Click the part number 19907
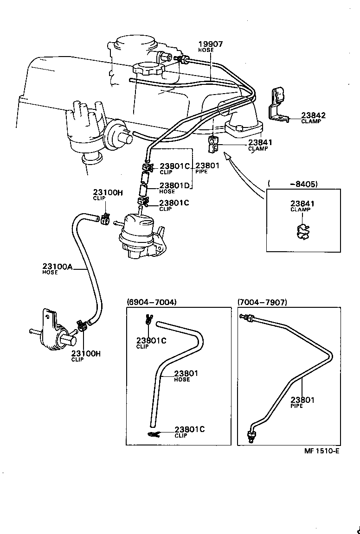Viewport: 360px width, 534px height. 211,44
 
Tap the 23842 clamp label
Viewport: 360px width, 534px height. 313,116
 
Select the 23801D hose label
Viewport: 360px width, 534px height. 174,185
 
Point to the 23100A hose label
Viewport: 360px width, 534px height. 57,267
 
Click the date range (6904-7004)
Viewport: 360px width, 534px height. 151,302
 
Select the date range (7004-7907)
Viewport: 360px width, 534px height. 262,302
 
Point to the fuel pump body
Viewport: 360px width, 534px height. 137,236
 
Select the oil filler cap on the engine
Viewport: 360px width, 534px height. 148,70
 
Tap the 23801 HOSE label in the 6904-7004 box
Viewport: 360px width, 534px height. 186,374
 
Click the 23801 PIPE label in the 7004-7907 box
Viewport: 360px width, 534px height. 302,400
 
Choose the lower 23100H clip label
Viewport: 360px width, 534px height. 86,353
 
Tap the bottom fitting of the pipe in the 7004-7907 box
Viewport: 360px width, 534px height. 252,436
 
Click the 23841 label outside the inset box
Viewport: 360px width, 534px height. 260,143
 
